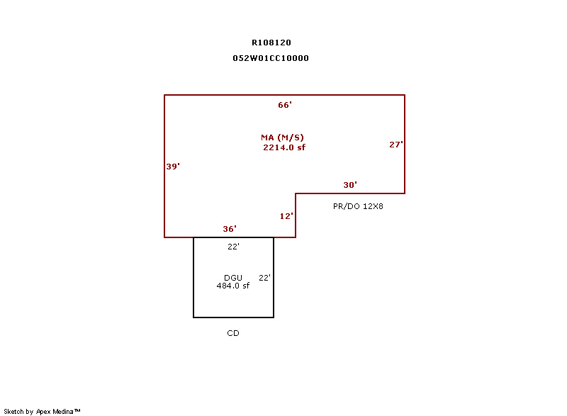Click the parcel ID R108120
pos(271,43)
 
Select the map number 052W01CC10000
pos(271,58)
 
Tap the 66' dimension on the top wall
pos(285,105)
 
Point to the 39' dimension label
pos(173,167)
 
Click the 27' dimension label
pos(396,145)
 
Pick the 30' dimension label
pos(350,185)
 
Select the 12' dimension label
pos(286,216)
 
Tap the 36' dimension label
pos(230,229)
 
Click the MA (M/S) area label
pos(282,137)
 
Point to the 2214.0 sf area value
pos(284,147)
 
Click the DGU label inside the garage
pos(233,278)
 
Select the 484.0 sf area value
pos(233,286)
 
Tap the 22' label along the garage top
pos(234,247)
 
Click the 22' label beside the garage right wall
pos(264,278)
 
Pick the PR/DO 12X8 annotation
pos(358,206)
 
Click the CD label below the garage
pos(233,333)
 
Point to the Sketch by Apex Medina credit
pos(42,411)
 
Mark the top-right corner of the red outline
pos(405,95)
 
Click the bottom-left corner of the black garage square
pos(193,317)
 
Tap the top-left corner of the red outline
pos(164,95)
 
